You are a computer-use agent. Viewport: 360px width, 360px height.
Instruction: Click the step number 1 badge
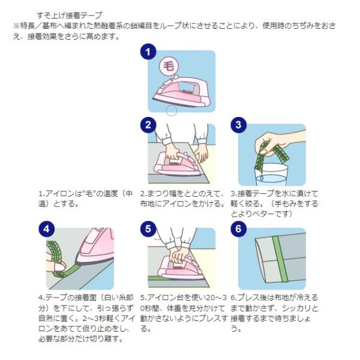(x=148, y=52)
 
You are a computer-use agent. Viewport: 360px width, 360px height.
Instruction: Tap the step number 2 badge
(x=148, y=125)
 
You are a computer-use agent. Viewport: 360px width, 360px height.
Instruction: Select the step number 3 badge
(x=238, y=125)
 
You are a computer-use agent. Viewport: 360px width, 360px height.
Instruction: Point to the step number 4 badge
(x=46, y=229)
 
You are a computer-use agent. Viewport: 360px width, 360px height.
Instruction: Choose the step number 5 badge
(x=148, y=229)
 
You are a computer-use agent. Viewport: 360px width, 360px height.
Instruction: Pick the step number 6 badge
(x=238, y=229)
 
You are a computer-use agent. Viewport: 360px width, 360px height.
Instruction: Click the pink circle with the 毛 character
(x=169, y=67)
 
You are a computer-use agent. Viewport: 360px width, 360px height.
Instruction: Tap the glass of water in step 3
(x=271, y=175)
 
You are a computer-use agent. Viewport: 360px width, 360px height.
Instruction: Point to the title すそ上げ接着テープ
(x=70, y=16)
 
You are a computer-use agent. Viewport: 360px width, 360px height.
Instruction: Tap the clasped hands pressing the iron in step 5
(x=178, y=254)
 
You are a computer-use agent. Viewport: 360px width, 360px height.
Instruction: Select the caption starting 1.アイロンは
(x=85, y=199)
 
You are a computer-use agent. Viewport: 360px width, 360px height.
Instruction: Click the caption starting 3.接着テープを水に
(x=274, y=203)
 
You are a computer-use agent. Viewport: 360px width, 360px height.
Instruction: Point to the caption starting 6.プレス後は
(x=274, y=313)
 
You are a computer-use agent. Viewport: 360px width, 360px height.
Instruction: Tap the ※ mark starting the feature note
(x=17, y=26)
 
